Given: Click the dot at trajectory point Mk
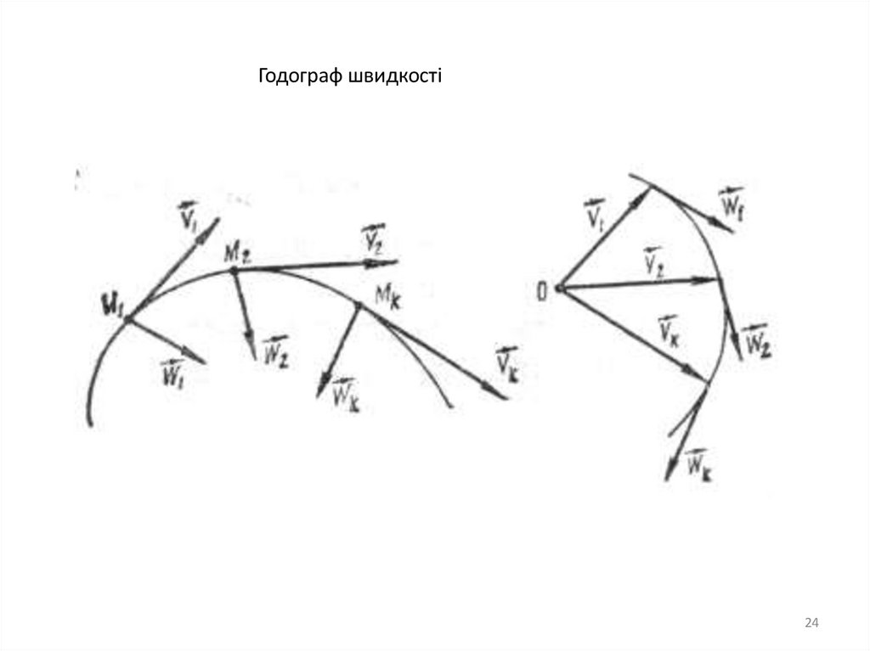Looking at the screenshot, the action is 358,305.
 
